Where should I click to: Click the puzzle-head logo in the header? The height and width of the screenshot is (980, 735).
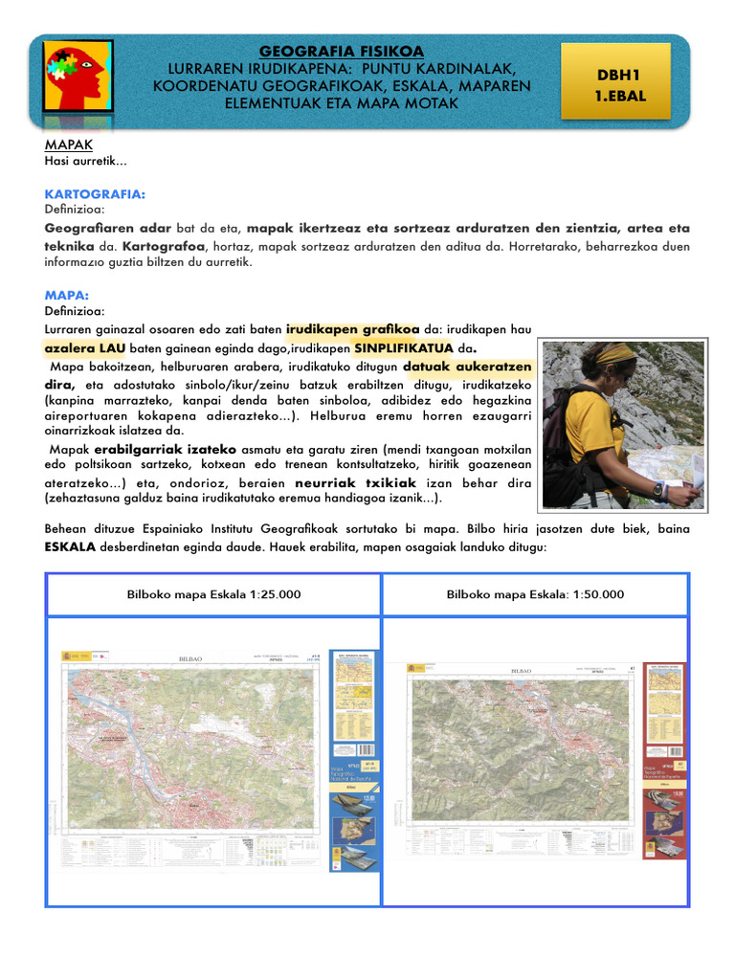tap(78, 80)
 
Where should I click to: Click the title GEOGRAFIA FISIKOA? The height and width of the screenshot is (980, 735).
tap(341, 51)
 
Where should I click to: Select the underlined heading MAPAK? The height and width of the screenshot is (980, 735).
tap(68, 145)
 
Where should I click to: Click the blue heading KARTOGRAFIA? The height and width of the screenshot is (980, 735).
tap(95, 194)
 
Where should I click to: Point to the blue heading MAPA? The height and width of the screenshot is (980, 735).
tap(67, 296)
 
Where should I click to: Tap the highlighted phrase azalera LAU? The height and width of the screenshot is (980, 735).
tap(85, 347)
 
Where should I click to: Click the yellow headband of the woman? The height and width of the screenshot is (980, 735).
tap(616, 354)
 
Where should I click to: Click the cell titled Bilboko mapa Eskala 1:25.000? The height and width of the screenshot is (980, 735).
tap(214, 594)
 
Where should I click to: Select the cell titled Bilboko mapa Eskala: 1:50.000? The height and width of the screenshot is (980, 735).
tap(535, 594)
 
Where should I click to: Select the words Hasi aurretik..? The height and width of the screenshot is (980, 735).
tap(86, 161)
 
